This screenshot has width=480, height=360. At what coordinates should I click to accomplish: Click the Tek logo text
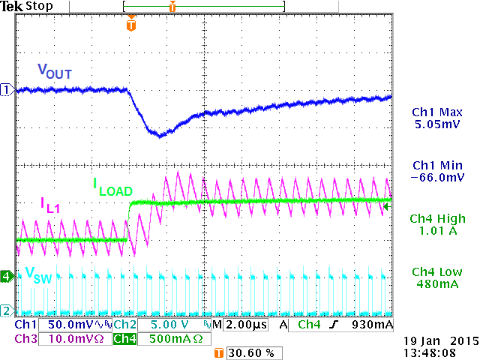tap(12, 7)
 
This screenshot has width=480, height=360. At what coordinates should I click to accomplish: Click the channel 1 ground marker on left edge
tap(7, 90)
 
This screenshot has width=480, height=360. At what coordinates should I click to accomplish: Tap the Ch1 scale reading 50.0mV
tap(70, 325)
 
